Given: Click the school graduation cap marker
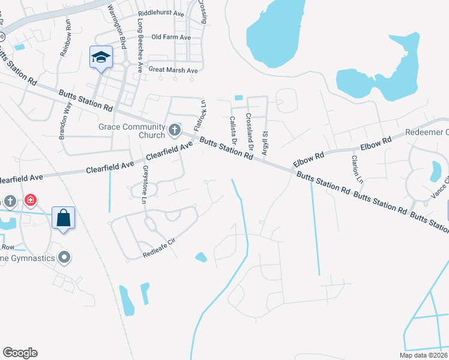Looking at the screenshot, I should coord(101,58).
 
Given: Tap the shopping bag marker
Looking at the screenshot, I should coord(64,219).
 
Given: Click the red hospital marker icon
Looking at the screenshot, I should coord(30,200).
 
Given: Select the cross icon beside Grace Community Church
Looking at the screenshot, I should coord(175,129).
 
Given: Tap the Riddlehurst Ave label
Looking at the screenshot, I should coord(161,13).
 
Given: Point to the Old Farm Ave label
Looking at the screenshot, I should coord(171,37).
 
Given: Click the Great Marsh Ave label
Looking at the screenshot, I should coord(173,70).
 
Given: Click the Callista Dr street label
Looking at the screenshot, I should coord(233,131).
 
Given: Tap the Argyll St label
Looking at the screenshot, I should coord(264,143).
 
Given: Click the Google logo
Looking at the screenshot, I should coord(20,353).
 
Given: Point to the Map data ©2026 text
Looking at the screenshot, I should coord(423,355).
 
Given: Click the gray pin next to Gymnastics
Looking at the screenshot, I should coord(65,258).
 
